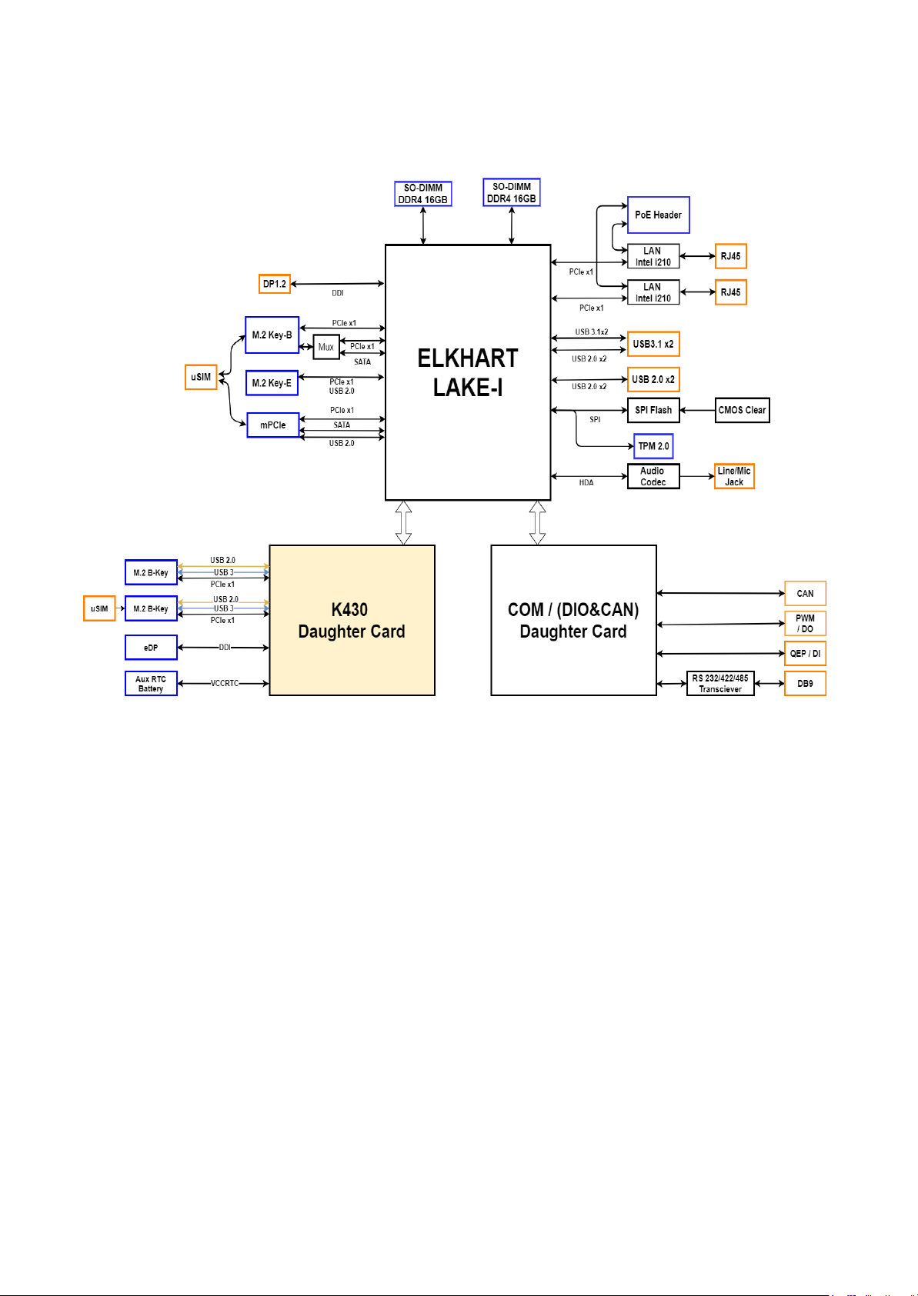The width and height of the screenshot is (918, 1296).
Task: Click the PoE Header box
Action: (658, 215)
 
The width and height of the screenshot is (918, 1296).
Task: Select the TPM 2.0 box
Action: (653, 446)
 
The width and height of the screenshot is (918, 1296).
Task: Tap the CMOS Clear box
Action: (742, 410)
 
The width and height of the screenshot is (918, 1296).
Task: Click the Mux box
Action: (326, 347)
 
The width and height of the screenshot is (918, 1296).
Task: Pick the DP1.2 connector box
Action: (275, 284)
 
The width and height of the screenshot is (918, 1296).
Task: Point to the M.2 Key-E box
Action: (272, 383)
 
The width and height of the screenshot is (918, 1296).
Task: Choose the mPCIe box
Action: (272, 425)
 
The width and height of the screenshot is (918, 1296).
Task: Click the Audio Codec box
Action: (653, 476)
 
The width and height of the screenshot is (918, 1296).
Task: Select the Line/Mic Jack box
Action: (734, 476)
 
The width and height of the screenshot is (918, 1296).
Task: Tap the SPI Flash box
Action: (653, 410)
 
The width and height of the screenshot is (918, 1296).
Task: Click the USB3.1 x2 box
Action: (653, 344)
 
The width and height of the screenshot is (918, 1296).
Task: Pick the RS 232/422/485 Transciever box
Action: (720, 684)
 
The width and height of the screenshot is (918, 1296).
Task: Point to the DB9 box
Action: (805, 684)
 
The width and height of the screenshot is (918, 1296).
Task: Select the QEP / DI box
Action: (805, 654)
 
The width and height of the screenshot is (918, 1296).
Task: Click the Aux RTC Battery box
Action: (151, 684)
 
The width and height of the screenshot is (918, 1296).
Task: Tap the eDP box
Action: (151, 648)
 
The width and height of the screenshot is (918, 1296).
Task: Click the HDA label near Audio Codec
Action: (586, 483)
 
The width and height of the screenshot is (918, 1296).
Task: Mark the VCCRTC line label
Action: (225, 683)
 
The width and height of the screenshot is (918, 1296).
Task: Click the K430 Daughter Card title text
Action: (351, 621)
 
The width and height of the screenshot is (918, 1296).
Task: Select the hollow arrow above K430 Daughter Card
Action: (403, 523)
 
